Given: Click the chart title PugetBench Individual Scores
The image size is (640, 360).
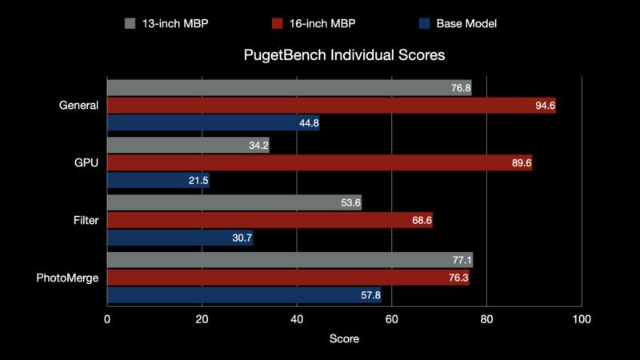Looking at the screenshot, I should tap(344, 57).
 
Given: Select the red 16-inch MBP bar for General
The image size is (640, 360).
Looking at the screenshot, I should tap(331, 106).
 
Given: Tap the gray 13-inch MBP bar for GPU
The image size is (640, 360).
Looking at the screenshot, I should tap(188, 146).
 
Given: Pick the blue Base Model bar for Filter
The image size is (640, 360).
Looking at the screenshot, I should tap(180, 238).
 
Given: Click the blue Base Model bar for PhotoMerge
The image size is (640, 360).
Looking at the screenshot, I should tap(244, 295).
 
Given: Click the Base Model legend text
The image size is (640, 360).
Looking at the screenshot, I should tap(466, 23).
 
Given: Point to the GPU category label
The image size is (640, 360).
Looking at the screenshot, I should tap(87, 163).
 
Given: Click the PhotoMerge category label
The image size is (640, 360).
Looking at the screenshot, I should tap(69, 278).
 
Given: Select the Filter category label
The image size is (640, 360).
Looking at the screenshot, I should tap(85, 220).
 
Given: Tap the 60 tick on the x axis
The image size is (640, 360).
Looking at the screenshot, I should tap(392, 319).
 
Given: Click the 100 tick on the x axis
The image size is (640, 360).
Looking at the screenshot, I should tap(581, 319).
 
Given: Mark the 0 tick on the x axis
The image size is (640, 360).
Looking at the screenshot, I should tap(107, 319).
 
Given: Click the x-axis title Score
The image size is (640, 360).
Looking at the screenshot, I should tap(344, 339).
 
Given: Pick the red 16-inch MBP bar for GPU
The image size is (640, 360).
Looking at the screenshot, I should tap(319, 163).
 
